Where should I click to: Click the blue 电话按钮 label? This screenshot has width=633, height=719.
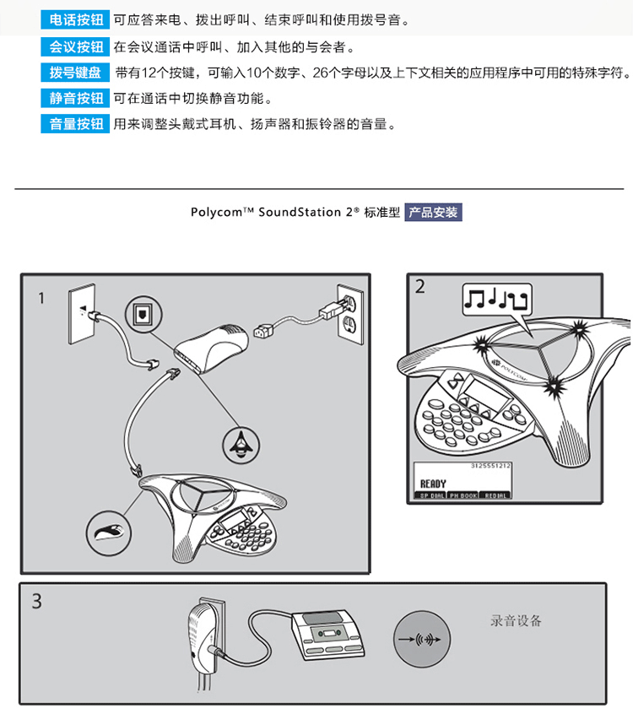(74, 19)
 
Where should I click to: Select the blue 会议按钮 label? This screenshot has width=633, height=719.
(74, 46)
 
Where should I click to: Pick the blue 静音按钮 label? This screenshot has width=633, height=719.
(74, 99)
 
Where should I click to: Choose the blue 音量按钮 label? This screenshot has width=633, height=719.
(74, 125)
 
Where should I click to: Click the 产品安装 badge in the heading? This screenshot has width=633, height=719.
(433, 213)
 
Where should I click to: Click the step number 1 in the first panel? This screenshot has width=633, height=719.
(41, 298)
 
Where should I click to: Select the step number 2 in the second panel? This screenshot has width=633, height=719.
(420, 287)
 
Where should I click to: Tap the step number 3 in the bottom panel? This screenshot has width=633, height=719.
(36, 602)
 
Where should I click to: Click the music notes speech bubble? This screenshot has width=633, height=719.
(498, 300)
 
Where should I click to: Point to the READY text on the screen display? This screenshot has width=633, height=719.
(432, 484)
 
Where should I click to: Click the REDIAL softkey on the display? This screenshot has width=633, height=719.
(496, 495)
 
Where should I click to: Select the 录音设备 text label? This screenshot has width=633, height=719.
(516, 621)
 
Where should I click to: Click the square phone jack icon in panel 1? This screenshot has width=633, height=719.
(141, 315)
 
